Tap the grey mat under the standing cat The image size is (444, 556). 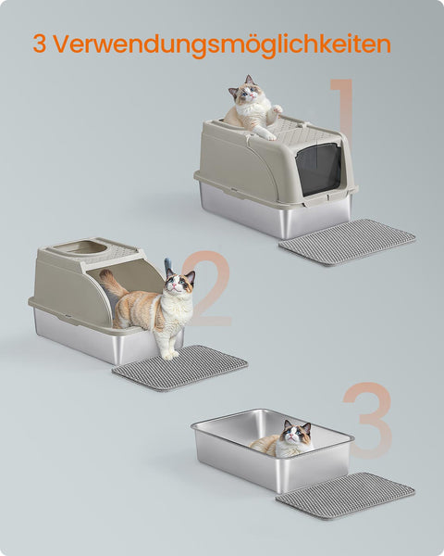(x=180, y=368)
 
